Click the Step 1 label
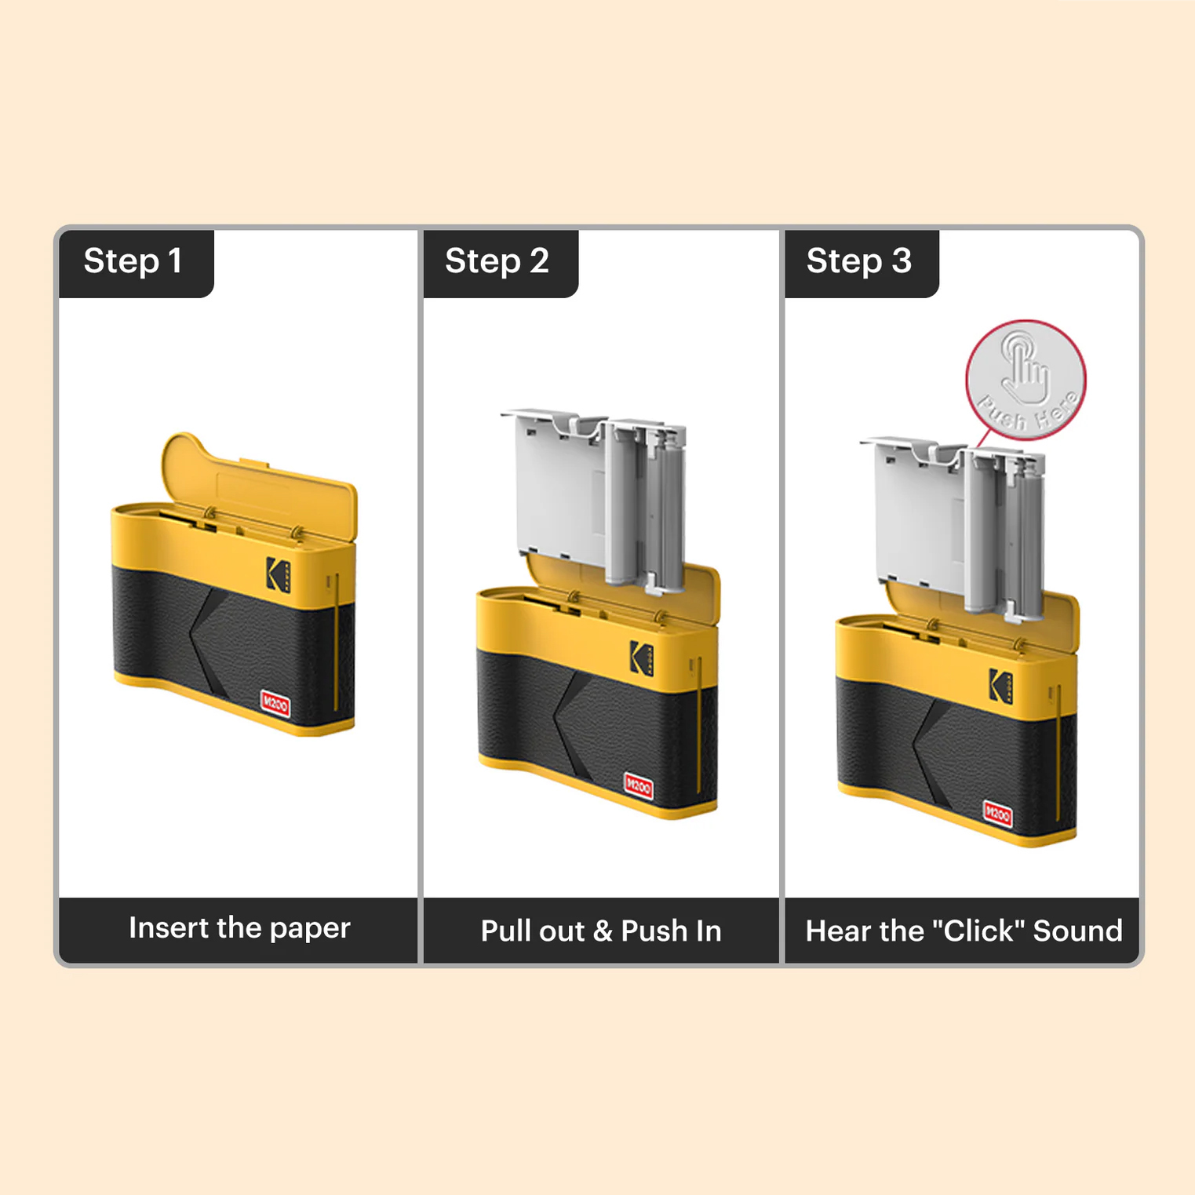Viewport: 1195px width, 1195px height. [x=133, y=261]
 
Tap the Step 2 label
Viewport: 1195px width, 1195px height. [x=497, y=261]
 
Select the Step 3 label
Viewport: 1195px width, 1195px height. [x=859, y=261]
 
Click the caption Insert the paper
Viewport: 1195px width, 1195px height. [x=239, y=928]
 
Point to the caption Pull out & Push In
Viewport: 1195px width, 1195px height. [x=601, y=931]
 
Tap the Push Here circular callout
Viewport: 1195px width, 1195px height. [x=1026, y=380]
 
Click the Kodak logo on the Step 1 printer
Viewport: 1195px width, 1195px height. [x=278, y=574]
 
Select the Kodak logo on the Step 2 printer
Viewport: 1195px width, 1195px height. [x=642, y=658]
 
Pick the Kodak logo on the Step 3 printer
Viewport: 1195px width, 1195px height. [x=1000, y=685]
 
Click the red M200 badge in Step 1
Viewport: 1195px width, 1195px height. [x=275, y=704]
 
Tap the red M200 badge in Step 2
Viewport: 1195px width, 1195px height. [x=638, y=785]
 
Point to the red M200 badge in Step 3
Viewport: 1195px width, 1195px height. [x=997, y=814]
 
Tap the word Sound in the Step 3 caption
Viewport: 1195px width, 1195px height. [x=1077, y=931]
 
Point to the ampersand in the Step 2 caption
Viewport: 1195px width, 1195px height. [x=603, y=931]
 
